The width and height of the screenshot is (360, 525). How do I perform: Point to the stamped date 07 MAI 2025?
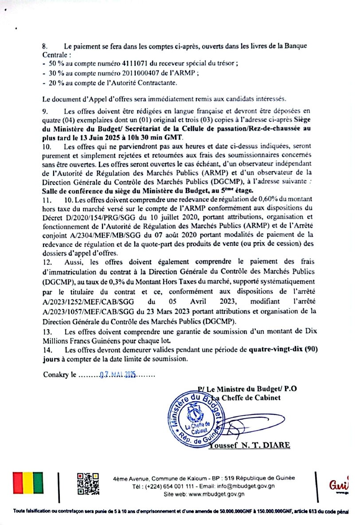(118, 374)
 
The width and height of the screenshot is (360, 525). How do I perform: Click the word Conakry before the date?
(55, 375)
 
